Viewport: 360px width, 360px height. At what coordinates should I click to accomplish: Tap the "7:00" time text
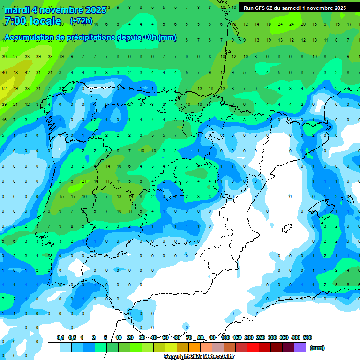click(15, 21)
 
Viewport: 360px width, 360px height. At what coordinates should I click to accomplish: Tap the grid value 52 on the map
click(4, 88)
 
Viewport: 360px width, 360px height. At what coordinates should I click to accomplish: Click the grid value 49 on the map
click(15, 88)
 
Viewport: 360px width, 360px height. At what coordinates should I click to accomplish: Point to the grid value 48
click(15, 73)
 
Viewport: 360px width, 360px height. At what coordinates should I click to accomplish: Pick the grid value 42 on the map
click(27, 73)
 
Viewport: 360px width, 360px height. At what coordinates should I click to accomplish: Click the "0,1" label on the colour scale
click(60, 337)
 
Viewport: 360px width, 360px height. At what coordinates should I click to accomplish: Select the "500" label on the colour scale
click(307, 337)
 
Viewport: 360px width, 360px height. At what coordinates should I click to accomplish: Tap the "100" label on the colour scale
click(225, 337)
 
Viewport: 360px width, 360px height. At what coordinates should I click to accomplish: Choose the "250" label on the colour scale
click(260, 337)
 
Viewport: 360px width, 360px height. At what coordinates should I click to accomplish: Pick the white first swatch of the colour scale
click(54, 347)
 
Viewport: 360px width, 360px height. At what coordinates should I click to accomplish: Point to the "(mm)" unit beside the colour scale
click(317, 348)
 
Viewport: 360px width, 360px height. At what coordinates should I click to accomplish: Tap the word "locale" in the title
click(45, 21)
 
